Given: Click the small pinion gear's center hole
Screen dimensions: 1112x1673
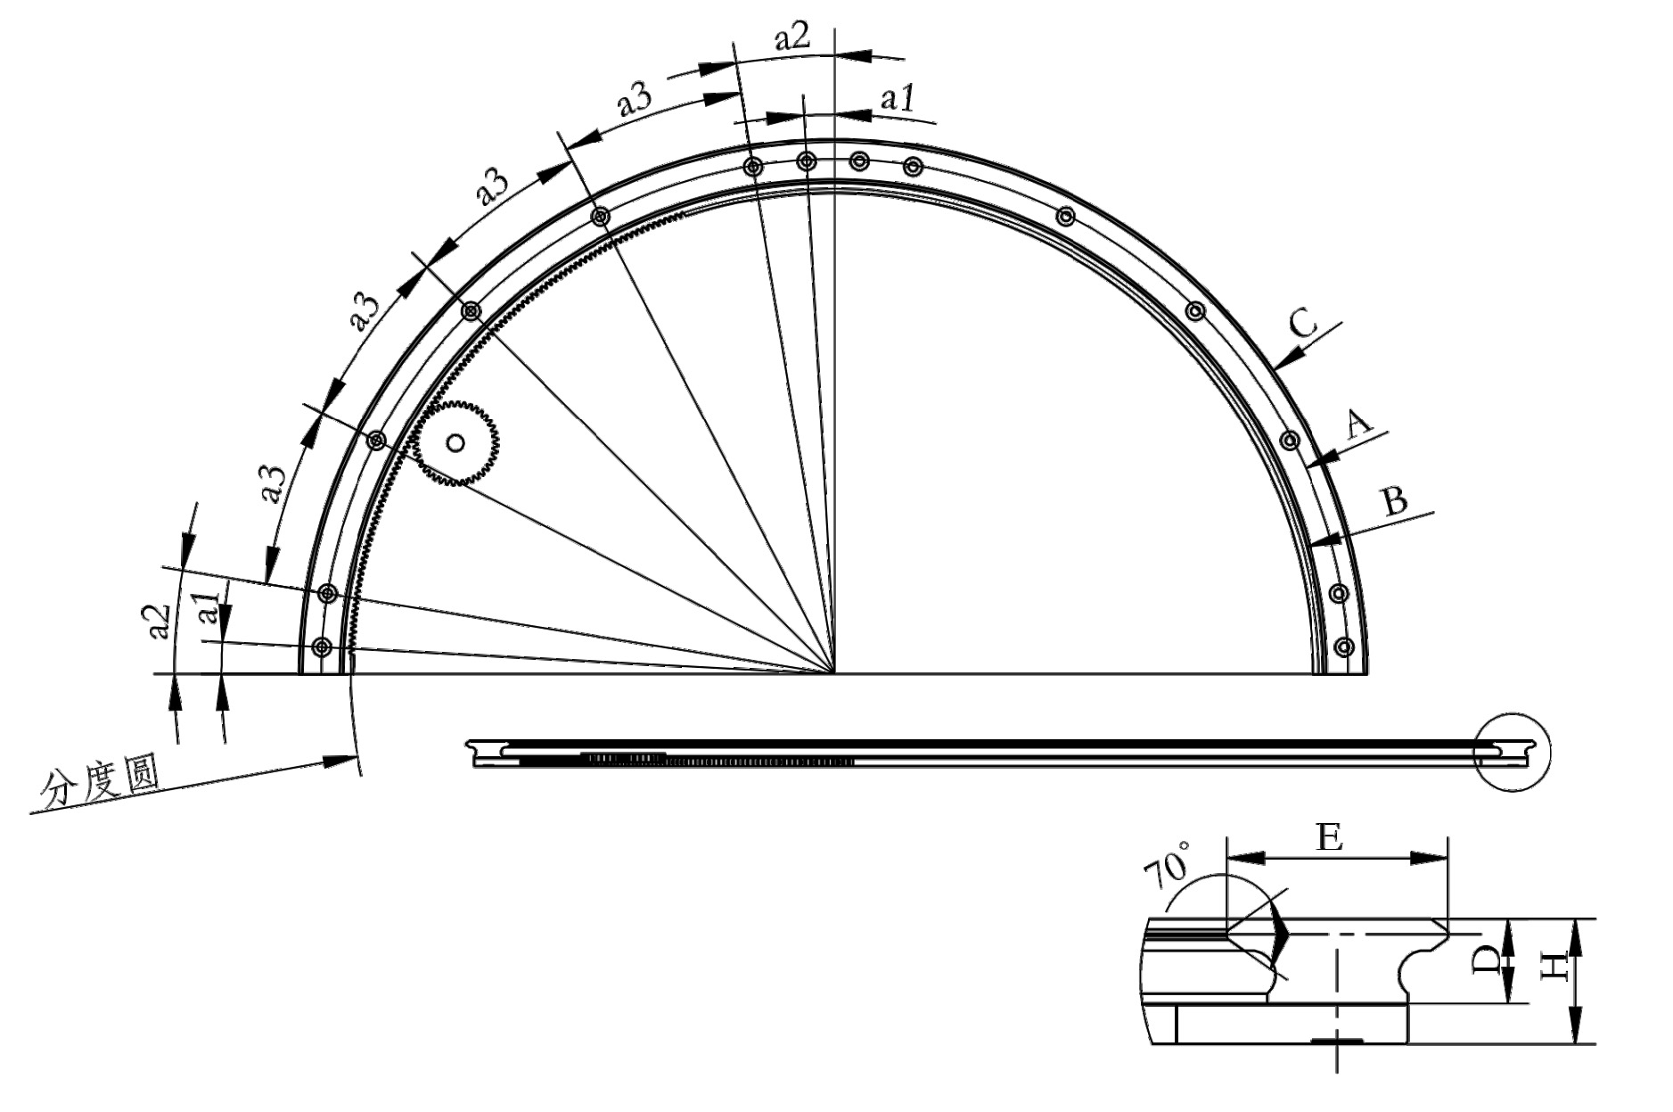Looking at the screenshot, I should tap(455, 442).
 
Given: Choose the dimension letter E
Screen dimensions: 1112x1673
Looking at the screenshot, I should tap(1329, 838).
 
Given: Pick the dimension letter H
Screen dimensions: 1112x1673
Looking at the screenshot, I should tap(1554, 967).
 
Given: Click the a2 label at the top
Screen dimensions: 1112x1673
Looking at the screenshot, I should tap(791, 37).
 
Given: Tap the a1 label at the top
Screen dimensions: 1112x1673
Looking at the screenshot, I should tap(897, 99).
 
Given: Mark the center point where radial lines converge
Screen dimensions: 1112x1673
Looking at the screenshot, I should tap(835, 673).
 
